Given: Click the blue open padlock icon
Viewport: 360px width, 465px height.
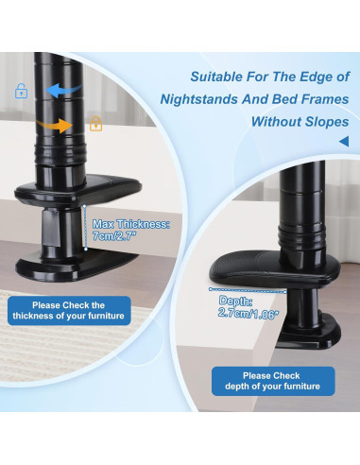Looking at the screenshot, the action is tap(21, 91).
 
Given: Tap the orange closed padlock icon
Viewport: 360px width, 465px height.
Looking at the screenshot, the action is tap(96, 124).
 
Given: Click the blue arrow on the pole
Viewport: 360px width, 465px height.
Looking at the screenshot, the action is tap(64, 91).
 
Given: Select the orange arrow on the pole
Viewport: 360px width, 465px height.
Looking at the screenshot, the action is tap(55, 126).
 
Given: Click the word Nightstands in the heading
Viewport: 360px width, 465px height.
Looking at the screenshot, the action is tap(198, 99).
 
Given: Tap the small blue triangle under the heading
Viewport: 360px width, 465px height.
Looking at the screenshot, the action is tap(344, 141).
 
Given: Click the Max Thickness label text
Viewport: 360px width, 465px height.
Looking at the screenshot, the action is tap(131, 224).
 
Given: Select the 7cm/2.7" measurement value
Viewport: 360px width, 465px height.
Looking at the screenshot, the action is tap(114, 236).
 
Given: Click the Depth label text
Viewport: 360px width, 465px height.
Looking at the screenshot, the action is tap(235, 301).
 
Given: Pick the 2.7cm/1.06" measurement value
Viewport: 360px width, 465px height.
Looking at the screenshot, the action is tap(249, 313).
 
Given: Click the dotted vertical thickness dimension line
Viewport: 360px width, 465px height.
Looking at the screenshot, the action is tap(85, 228).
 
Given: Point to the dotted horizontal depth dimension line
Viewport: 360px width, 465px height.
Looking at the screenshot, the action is tap(248, 290).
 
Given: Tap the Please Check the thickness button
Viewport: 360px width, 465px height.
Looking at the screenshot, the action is tap(69, 311).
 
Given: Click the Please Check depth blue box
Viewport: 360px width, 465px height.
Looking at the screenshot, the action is tap(273, 381).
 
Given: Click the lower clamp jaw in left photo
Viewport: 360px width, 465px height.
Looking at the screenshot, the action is tap(77, 266).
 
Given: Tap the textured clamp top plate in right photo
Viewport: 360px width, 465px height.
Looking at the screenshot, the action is tap(275, 268).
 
